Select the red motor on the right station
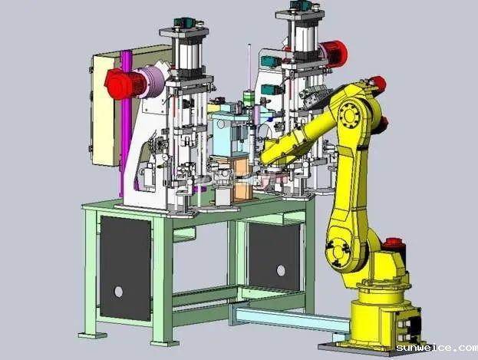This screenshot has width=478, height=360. pos(334,55)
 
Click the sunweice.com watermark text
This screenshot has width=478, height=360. pos(437,348)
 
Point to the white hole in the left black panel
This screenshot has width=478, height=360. pos(119,292)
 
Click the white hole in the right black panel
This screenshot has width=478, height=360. pos(281,270)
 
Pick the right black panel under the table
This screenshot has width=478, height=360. pos(275,256)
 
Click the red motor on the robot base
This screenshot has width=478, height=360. pos(394,243)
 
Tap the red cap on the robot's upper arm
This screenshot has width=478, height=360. pos(378,83)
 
